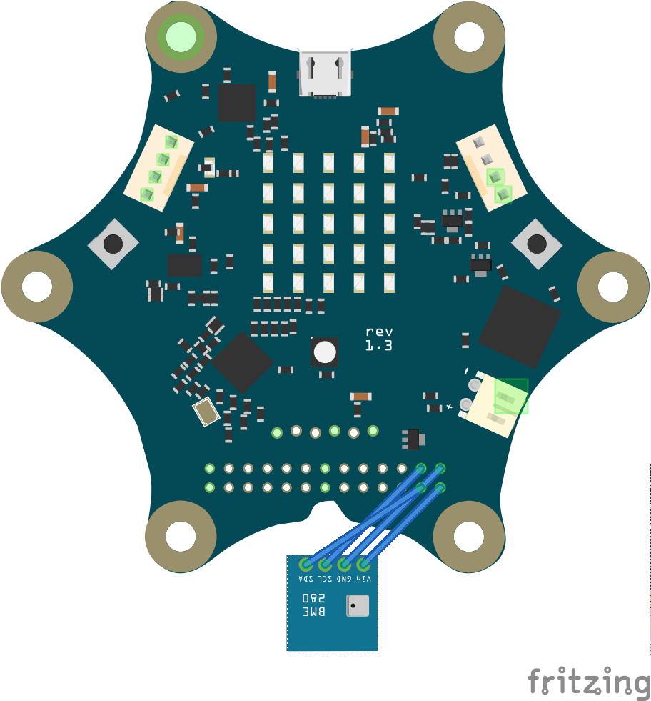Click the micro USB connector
tap(325, 73)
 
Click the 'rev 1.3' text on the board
tap(379, 339)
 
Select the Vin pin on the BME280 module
tap(363, 564)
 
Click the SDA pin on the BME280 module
tap(306, 564)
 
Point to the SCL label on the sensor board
tap(325, 578)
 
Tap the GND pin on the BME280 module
tap(344, 564)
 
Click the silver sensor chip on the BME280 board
tap(357, 606)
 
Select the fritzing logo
tap(589, 680)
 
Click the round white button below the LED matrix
tap(325, 352)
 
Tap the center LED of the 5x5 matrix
tap(328, 223)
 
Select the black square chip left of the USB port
tap(236, 102)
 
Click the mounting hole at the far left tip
tap(37, 287)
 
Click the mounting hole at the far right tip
tap(612, 287)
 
